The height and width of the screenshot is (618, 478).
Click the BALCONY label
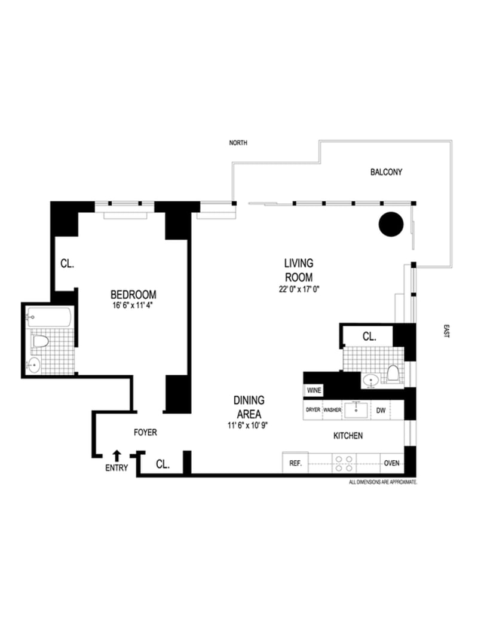point(386,172)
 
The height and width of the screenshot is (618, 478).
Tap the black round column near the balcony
point(391,224)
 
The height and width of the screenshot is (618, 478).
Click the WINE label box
point(314,390)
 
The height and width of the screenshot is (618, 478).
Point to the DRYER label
point(312,411)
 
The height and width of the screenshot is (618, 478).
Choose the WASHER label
point(332,411)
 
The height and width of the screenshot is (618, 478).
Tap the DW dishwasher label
point(381,411)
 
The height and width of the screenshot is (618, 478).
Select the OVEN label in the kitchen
point(391,463)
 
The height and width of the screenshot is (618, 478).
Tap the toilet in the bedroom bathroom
point(40,342)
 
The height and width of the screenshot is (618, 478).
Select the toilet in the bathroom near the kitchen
point(393,374)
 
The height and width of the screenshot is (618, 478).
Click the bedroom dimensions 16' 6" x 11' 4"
point(133,306)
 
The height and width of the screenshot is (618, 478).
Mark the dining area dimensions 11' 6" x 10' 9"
point(249,424)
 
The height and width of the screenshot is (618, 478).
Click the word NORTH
point(238,143)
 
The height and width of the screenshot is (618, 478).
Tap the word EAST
point(445,332)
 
